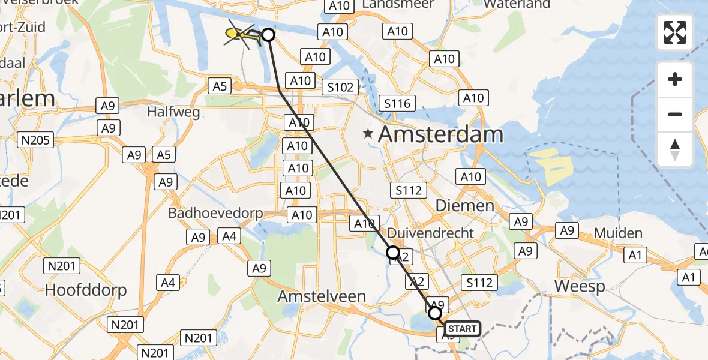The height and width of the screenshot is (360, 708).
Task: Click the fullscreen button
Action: click(675, 32)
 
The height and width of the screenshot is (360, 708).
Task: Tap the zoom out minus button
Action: click(675, 114)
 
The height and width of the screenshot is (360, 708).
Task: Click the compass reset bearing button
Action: click(675, 149)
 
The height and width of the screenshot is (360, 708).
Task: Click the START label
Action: click(463, 328)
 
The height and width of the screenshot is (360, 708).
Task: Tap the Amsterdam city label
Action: click(440, 134)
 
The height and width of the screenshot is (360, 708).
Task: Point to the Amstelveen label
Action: click(322, 296)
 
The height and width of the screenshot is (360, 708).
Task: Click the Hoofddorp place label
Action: click(86, 290)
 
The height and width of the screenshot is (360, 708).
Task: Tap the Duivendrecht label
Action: click(431, 233)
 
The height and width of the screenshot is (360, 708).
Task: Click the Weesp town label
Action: click(580, 286)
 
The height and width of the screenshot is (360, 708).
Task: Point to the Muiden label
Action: click(619, 233)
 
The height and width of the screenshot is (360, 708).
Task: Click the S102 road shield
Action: click(340, 87)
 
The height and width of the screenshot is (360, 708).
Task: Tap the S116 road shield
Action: click(397, 103)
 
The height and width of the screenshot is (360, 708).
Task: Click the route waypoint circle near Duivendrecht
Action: click(393, 253)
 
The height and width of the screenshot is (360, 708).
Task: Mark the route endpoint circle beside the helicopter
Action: click(268, 35)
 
